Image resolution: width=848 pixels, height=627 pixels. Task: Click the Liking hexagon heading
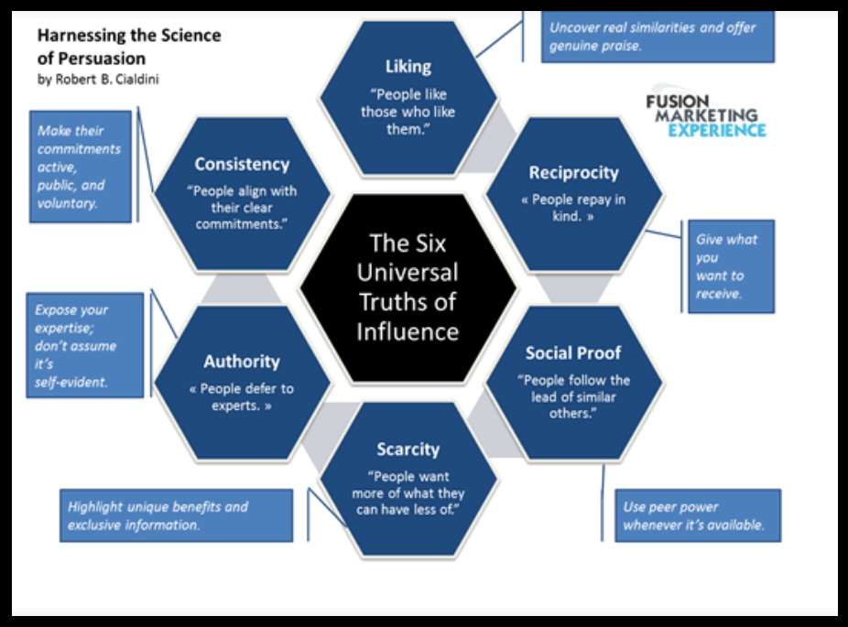coord(408,67)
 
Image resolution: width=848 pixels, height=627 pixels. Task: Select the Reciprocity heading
coord(573,172)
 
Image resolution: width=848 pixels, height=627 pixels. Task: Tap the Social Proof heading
coord(573,352)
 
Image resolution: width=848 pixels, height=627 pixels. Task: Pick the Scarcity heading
coord(408,449)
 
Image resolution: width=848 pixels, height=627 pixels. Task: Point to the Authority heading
coord(242,361)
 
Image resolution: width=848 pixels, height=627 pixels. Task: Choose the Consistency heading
coord(242,164)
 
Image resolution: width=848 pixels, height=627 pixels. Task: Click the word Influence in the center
coord(408,330)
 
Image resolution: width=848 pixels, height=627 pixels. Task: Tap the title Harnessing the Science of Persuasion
coord(128,46)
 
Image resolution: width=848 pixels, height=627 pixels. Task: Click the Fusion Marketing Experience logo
coord(704,115)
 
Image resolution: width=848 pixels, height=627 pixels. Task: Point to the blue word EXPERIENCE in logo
coord(717,130)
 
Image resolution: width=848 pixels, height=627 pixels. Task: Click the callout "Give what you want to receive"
coord(730,266)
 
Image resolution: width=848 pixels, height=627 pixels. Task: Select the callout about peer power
coord(696,515)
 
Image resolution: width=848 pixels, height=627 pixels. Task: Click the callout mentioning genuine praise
coord(657,36)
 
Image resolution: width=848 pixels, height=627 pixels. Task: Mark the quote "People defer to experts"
coord(242,396)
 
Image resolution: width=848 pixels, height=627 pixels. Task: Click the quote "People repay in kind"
coord(573,208)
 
